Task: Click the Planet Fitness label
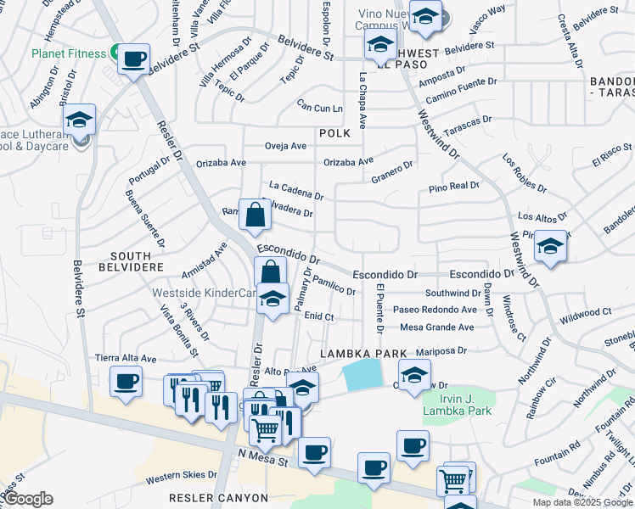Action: [x=69, y=53]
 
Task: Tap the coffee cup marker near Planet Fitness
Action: [x=133, y=60]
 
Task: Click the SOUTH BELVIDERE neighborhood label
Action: [x=131, y=261]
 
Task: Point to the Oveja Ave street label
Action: [x=286, y=146]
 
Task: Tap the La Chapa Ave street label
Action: [x=362, y=100]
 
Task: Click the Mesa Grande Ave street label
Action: [x=437, y=327]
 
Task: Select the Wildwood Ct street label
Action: [x=586, y=314]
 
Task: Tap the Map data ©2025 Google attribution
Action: [x=582, y=502]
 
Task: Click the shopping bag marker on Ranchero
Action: [x=255, y=216]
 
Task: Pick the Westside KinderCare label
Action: [x=204, y=294]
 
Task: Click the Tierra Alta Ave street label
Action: [x=126, y=359]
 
